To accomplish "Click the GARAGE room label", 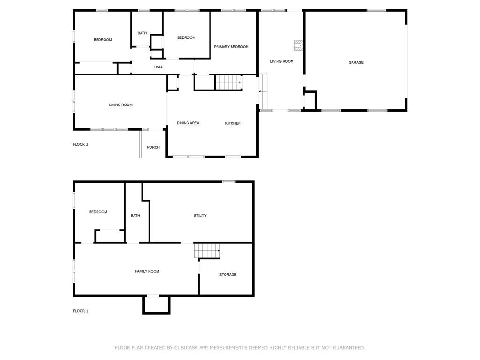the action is coord(356,62).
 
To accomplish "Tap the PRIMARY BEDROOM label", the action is coord(231,47).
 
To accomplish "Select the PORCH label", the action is coord(153,147).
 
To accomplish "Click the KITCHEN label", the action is coord(233,123).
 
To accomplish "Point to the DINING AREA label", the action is coord(188,123).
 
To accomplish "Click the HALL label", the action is coord(158,67).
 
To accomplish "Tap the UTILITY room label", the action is coord(200,216).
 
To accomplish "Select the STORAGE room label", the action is coord(228,275).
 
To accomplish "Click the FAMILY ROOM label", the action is coord(147,271).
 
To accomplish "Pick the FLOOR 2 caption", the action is coord(81,144).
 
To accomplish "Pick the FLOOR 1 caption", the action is coord(81,311).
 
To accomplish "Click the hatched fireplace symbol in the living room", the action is coord(299,45).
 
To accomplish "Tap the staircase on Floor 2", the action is coord(229,82).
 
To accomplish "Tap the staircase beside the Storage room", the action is coord(207,251).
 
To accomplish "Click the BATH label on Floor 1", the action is coord(135,216).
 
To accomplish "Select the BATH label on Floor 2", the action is coord(142,33).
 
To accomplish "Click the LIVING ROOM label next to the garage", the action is coord(282,61).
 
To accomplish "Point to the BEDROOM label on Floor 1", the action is coord(98,212).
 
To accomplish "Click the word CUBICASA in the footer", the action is coord(186,348).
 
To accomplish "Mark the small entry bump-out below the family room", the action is coord(157,313).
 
